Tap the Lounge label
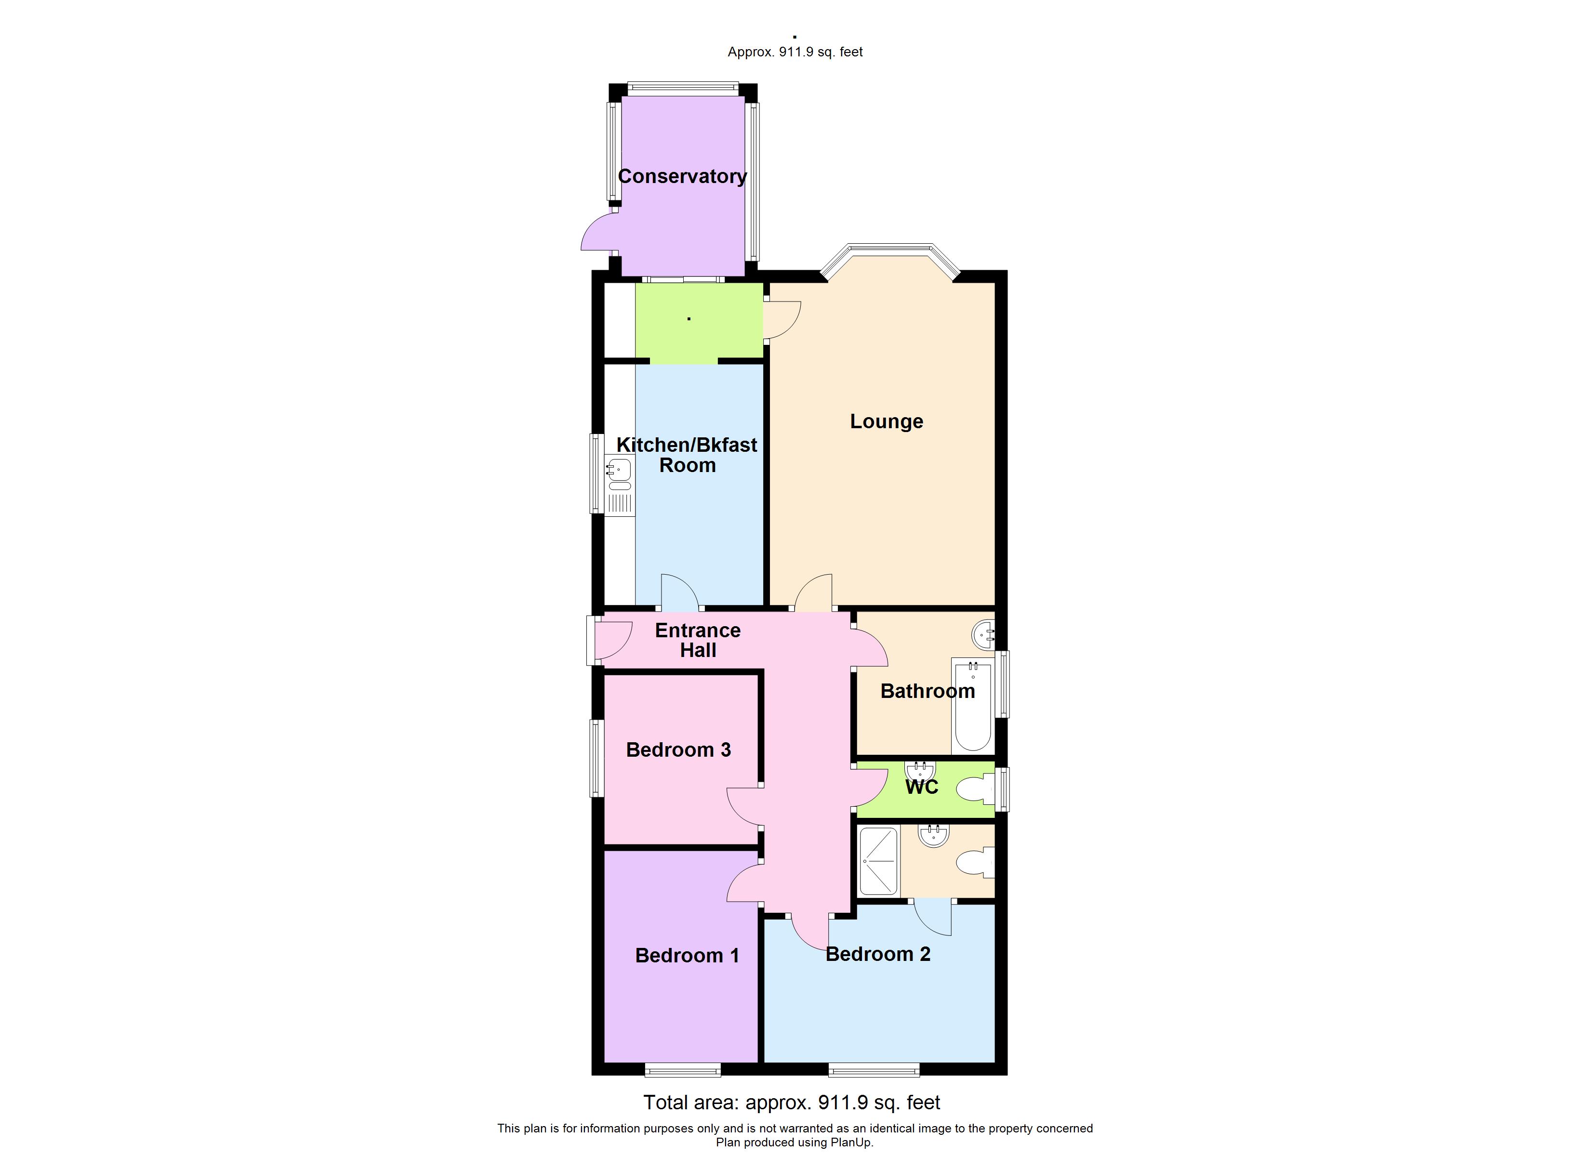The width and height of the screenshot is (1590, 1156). pyautogui.click(x=886, y=421)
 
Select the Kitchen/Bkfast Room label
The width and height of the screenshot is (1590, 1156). pyautogui.click(x=687, y=455)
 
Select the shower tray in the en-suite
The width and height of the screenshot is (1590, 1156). pyautogui.click(x=878, y=861)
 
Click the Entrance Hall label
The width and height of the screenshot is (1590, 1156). pyautogui.click(x=698, y=640)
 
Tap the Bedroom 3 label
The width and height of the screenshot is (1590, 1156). pyautogui.click(x=678, y=750)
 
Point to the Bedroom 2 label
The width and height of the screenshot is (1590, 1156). pyautogui.click(x=878, y=954)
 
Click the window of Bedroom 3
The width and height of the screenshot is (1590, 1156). pyautogui.click(x=596, y=758)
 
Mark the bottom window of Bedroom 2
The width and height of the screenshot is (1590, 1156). pyautogui.click(x=874, y=1069)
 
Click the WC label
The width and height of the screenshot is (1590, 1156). pyautogui.click(x=921, y=787)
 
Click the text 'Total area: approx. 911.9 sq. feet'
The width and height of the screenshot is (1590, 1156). pyautogui.click(x=792, y=1103)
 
